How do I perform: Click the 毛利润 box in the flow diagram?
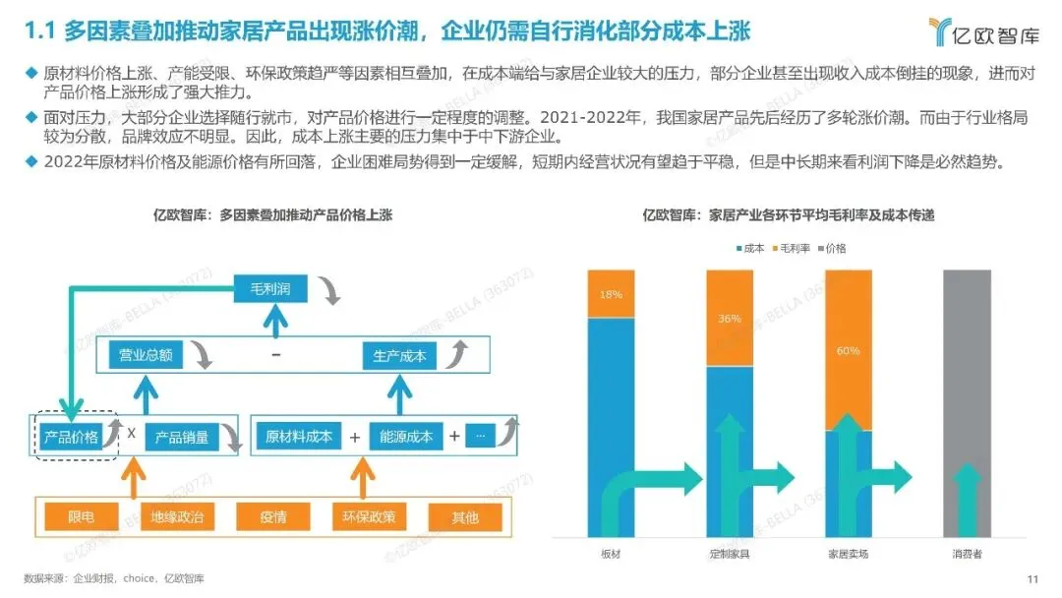271,288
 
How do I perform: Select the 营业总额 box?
146,355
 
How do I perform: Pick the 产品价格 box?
70,437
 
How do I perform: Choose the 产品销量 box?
182,437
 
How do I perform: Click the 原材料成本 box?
299,437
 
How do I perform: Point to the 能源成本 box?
407,437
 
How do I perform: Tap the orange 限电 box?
82,517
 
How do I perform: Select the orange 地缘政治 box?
176,517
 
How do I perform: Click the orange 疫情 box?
273,517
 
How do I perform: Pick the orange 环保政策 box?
369,517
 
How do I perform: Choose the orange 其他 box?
465,517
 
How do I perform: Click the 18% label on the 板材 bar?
611,294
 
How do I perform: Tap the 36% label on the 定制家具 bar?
730,318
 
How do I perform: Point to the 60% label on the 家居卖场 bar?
849,350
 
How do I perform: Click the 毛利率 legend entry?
790,249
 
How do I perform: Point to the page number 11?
1032,578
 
